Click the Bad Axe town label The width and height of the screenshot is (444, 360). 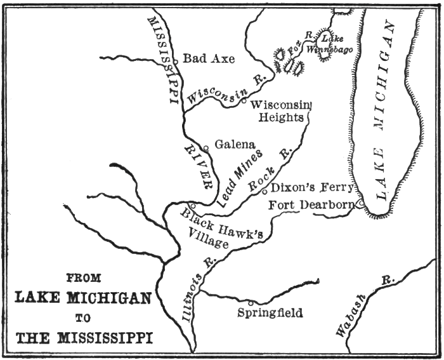click(x=209, y=59)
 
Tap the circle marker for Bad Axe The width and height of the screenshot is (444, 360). click(x=175, y=61)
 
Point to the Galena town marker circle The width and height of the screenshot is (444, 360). click(x=206, y=149)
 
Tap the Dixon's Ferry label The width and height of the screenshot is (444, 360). click(x=310, y=188)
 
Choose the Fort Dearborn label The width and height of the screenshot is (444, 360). click(x=310, y=205)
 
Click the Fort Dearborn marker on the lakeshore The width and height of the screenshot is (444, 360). click(x=360, y=204)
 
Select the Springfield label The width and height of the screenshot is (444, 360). click(x=270, y=313)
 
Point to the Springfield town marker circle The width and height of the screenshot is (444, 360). click(x=251, y=303)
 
